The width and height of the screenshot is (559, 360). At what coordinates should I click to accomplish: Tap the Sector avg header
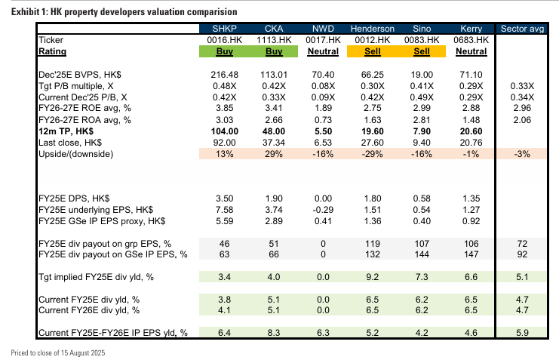coord(524,29)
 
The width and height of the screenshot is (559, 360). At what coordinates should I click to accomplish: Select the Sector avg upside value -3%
coord(524,154)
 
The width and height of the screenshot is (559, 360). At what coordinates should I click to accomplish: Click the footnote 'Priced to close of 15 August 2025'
coord(57,353)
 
